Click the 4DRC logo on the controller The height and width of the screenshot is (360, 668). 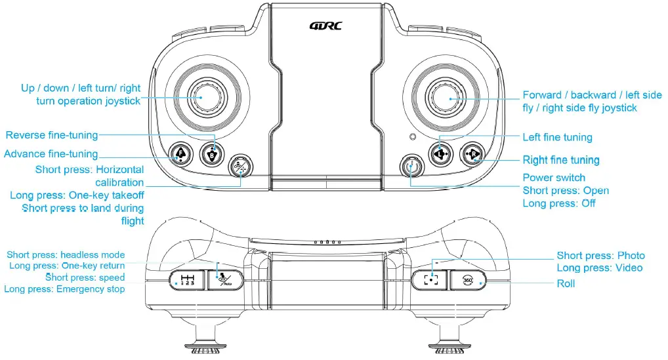[325, 26]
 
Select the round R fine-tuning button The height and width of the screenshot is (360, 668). [472, 155]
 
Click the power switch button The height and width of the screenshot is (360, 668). [411, 167]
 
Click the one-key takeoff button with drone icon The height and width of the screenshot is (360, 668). [241, 167]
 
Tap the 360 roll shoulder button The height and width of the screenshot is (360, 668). [468, 280]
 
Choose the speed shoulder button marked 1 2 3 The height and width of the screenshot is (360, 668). [188, 280]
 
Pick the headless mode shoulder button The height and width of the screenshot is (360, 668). [226, 280]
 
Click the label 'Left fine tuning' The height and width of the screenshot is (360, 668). [557, 137]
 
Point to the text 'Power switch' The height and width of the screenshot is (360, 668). [553, 178]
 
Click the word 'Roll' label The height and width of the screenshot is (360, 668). [566, 284]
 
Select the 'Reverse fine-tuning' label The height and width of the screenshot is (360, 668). [52, 135]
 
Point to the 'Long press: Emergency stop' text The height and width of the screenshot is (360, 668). [64, 289]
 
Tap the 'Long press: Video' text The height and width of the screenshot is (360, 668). [599, 268]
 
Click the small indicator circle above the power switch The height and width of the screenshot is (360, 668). [411, 137]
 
